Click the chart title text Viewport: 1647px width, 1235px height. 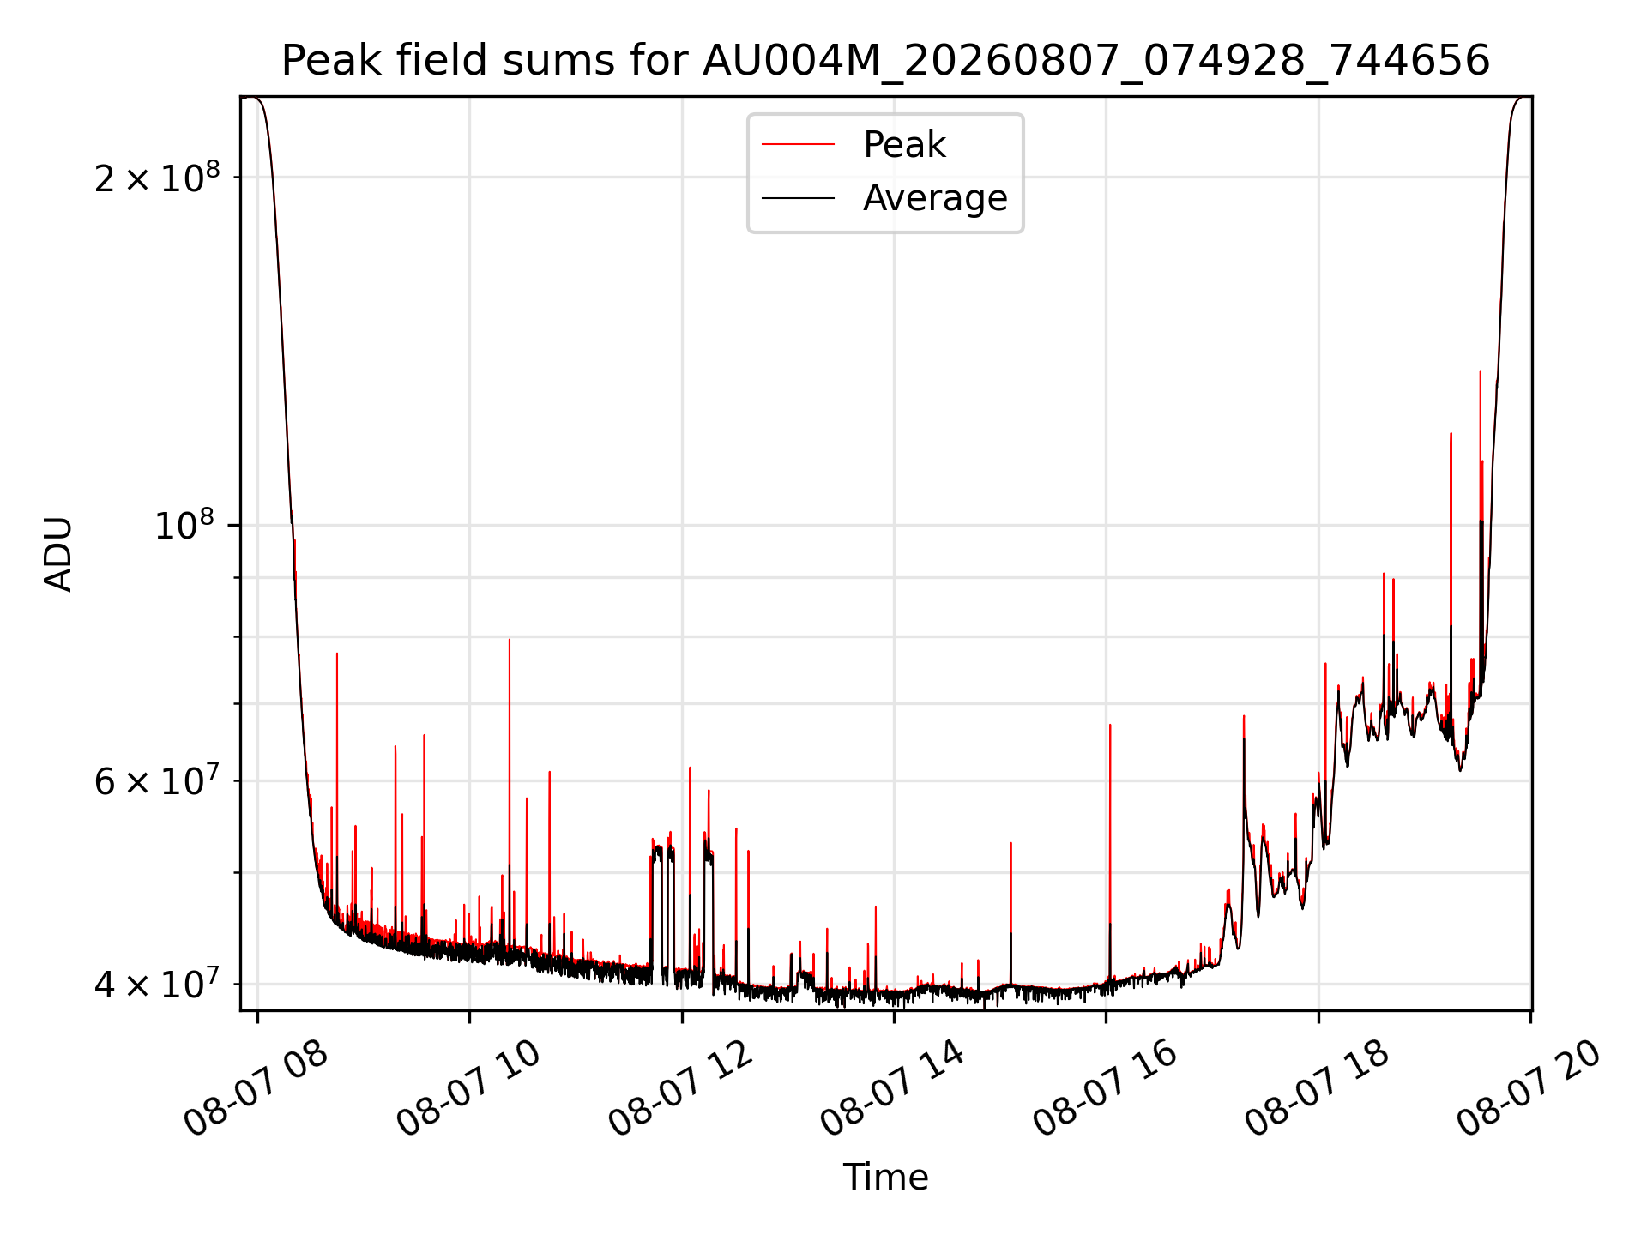885,61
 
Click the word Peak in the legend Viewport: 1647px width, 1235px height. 904,145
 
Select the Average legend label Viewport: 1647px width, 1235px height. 935,198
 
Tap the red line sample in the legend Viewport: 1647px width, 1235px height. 799,145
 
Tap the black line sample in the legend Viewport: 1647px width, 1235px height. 799,198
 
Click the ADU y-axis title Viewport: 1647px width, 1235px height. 58,554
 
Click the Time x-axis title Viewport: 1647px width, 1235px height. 885,1178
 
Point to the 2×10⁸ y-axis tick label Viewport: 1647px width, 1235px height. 157,178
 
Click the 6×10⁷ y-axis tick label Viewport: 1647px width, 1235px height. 157,781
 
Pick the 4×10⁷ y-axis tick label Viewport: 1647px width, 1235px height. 157,984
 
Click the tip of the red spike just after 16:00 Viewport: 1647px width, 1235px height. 1110,725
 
